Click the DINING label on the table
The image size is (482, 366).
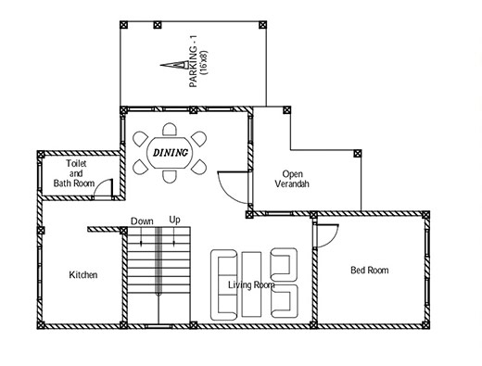tap(171, 152)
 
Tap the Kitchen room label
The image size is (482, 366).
tap(83, 274)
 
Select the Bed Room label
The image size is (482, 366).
tap(370, 271)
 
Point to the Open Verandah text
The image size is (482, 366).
tap(292, 179)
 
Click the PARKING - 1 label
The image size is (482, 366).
tap(194, 62)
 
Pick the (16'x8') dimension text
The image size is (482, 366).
tap(204, 62)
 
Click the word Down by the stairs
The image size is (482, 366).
tap(142, 221)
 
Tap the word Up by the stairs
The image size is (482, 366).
tap(174, 220)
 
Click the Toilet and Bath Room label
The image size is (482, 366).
tap(74, 173)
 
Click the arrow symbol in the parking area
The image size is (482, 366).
tap(174, 65)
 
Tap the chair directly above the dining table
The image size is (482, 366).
tap(170, 129)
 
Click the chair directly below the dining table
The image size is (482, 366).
tap(170, 176)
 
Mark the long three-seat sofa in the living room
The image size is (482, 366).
tap(224, 284)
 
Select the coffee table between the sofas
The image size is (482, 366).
tap(251, 284)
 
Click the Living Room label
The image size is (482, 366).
tap(251, 284)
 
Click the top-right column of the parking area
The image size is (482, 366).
tap(262, 25)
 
